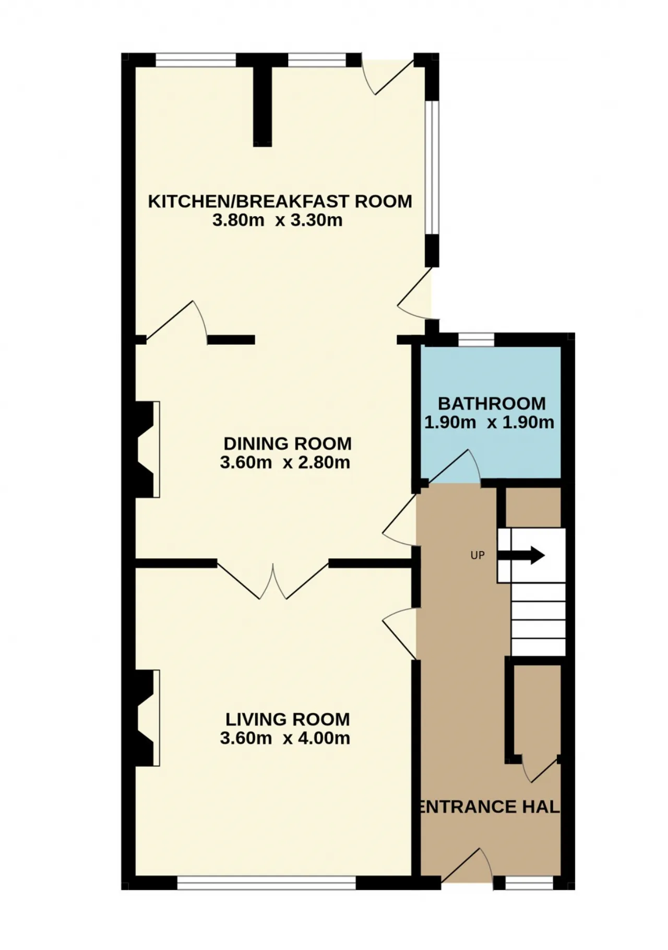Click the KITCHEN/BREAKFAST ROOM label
pyautogui.click(x=280, y=201)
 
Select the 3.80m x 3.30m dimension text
pyautogui.click(x=277, y=220)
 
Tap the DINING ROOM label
pyautogui.click(x=288, y=443)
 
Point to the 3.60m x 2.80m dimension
pyautogui.click(x=285, y=462)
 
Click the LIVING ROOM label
pyautogui.click(x=288, y=719)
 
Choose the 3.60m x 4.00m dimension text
pyautogui.click(x=285, y=738)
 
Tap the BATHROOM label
pyautogui.click(x=492, y=403)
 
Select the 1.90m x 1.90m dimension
pyautogui.click(x=489, y=422)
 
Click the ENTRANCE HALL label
pyautogui.click(x=490, y=806)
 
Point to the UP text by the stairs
pyautogui.click(x=478, y=555)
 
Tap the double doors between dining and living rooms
pyautogui.click(x=273, y=581)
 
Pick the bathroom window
pyautogui.click(x=476, y=340)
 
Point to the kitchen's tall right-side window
pyautogui.click(x=432, y=168)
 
